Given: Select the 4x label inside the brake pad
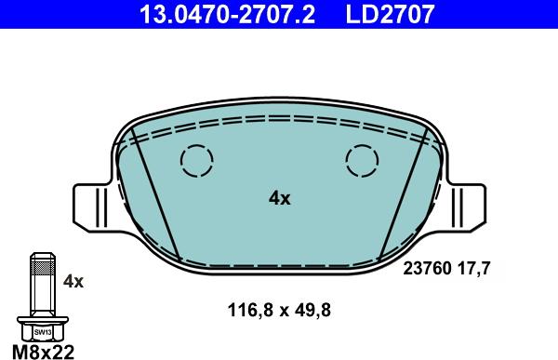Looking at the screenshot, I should pos(279,197).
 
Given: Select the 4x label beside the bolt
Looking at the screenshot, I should pos(73,281).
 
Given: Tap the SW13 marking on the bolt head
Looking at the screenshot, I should pos(42,330).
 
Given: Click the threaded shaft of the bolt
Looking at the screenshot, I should pos(42,284).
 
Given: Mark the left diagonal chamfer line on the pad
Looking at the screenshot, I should pos(155,191).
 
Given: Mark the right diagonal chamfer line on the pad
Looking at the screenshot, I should pos(403,191).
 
